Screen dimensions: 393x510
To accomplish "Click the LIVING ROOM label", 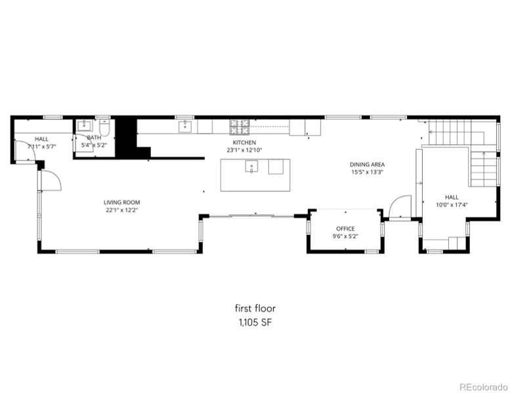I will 121,202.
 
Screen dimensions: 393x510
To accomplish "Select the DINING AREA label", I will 367,164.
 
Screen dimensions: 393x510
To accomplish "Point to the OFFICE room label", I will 345,229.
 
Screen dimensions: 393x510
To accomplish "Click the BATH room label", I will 94,138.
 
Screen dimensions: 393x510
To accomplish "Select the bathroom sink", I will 84,126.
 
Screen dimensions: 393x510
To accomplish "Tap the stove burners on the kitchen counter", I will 239,124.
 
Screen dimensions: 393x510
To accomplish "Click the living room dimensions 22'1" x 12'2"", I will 121,210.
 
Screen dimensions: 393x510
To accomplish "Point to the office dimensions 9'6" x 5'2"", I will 345,236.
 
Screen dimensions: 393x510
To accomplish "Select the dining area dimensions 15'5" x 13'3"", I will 367,172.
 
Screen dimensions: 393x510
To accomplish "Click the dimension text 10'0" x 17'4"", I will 452,204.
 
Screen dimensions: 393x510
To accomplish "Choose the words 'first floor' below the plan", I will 255,308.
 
